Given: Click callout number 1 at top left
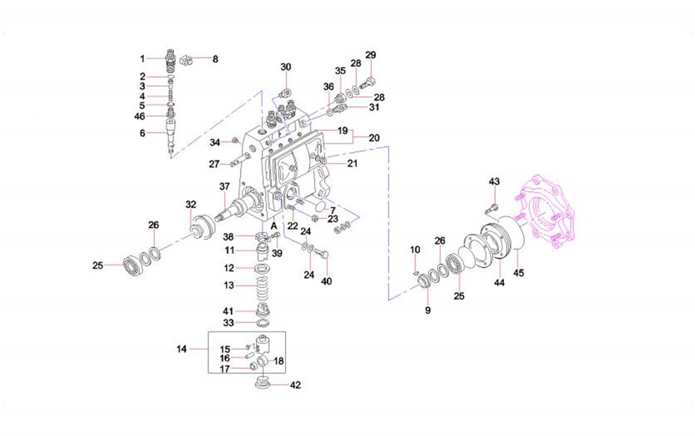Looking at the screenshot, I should (142, 58).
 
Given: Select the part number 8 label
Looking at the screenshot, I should (215, 59).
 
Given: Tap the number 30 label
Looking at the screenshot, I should (286, 67).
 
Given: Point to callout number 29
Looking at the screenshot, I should (371, 55).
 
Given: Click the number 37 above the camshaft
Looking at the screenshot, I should (224, 188).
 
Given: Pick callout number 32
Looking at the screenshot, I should (191, 204).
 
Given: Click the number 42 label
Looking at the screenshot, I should (296, 385).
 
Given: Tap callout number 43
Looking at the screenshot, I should (494, 182).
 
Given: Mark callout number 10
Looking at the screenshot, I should (415, 250).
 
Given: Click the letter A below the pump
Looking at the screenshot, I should (274, 226).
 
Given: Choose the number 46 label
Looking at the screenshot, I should (139, 116).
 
